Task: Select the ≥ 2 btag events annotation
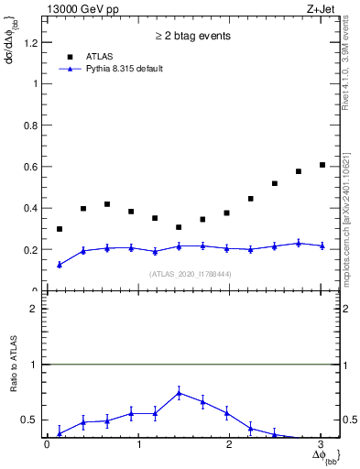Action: [191, 36]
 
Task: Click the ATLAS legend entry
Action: [101, 57]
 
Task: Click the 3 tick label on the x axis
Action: [321, 444]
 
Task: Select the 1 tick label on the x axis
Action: [138, 444]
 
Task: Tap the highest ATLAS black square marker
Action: [322, 165]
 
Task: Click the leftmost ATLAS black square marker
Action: [60, 229]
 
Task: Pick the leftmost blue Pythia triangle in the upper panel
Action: [60, 264]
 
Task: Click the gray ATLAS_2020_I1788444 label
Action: [191, 274]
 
